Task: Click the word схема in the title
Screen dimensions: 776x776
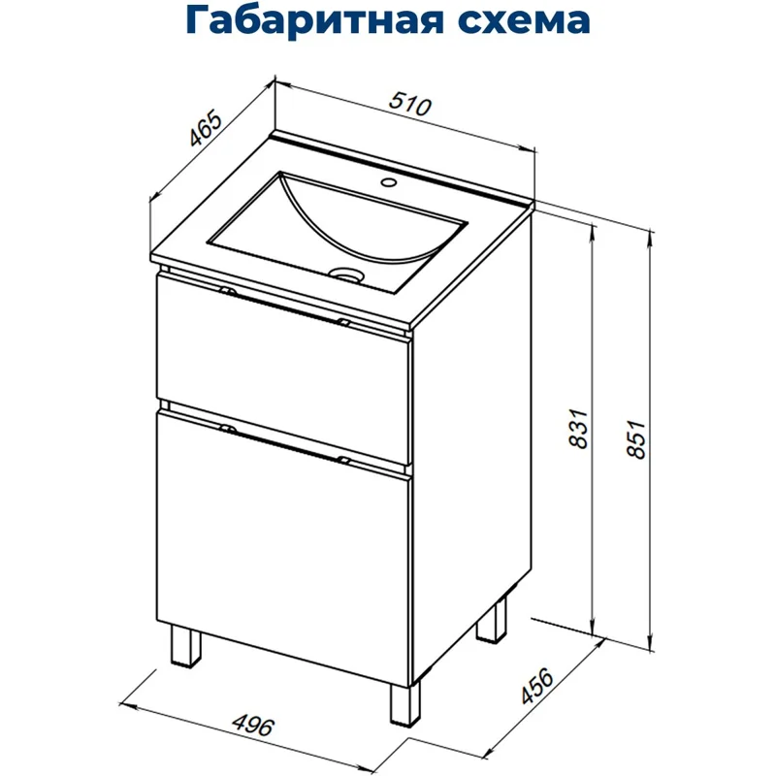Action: (530, 21)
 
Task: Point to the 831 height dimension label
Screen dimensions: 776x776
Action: (578, 429)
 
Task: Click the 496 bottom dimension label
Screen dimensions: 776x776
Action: (256, 725)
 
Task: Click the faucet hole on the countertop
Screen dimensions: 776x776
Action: (390, 181)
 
